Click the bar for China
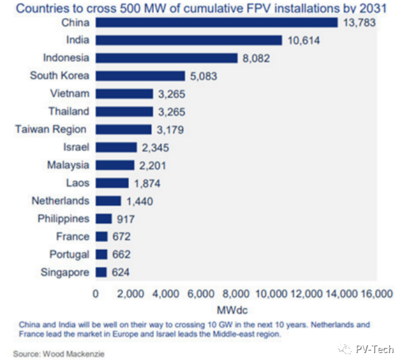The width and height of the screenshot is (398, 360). click(x=216, y=22)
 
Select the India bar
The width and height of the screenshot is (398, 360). click(x=188, y=40)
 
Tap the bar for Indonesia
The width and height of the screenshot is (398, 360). click(x=166, y=58)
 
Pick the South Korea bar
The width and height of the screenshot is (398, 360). click(x=140, y=76)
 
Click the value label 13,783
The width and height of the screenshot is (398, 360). click(x=359, y=22)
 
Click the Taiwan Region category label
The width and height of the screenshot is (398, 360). click(x=50, y=129)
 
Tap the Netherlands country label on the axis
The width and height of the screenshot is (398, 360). click(x=60, y=201)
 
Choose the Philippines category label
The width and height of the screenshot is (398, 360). click(x=63, y=219)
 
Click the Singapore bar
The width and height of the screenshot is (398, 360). click(x=101, y=272)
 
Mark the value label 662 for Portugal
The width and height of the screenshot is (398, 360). click(x=120, y=254)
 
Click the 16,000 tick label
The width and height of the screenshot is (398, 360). click(x=376, y=294)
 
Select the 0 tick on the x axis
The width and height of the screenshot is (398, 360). click(x=96, y=294)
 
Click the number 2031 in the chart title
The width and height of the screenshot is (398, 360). click(x=376, y=8)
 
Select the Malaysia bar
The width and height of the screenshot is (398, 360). click(x=115, y=165)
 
